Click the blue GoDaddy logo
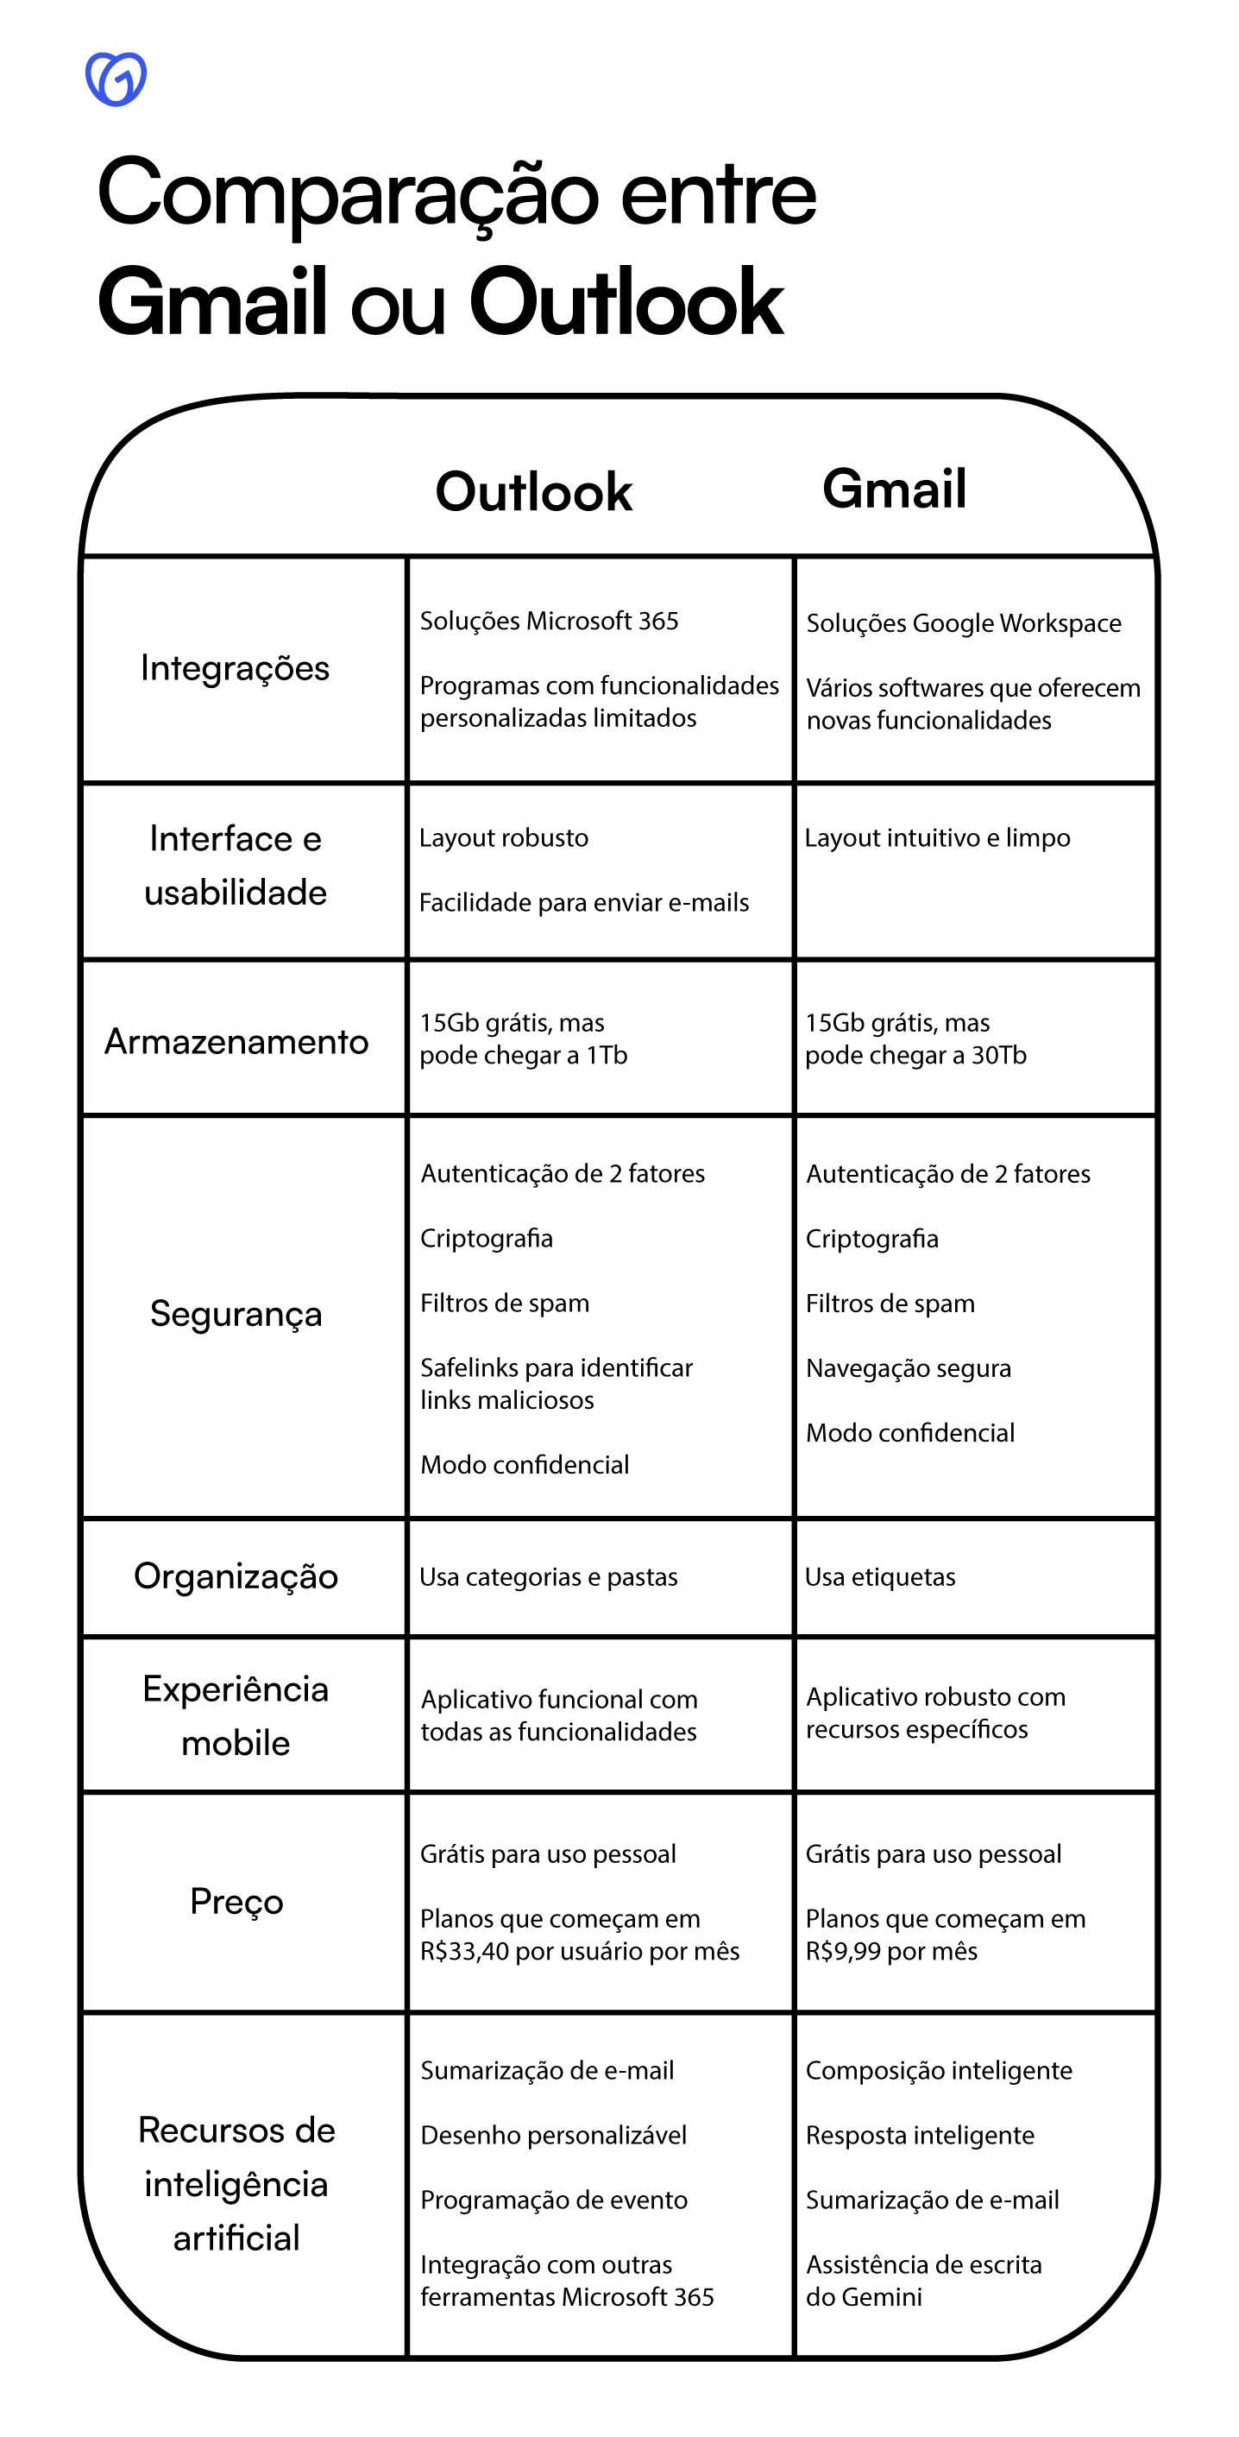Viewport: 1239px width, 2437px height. tap(116, 79)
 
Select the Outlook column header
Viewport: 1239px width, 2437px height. tap(533, 492)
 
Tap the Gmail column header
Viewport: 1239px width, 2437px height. tap(894, 489)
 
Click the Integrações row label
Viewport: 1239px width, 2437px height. tap(235, 668)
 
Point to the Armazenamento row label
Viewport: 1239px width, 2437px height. tap(236, 1042)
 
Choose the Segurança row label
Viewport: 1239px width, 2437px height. tap(236, 1314)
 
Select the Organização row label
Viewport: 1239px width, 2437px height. tap(236, 1576)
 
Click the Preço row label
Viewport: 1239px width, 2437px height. tap(236, 1902)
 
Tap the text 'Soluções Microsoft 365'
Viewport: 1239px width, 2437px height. tap(549, 621)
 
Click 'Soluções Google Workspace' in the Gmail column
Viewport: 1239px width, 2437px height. tap(963, 623)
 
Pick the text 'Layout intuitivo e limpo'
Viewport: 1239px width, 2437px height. tap(936, 837)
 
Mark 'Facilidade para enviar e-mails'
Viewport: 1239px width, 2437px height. tap(583, 902)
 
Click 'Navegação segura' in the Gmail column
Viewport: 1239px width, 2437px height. tap(908, 1368)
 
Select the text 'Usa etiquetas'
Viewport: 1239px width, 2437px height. tap(879, 1577)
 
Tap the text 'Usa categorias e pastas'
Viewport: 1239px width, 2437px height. tap(549, 1577)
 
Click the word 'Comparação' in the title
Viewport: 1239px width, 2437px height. tap(347, 194)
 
